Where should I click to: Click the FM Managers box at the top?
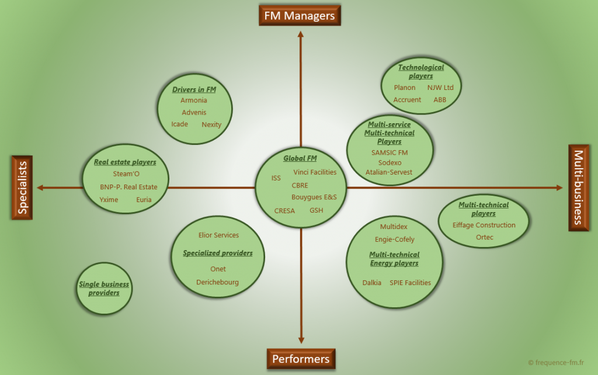point(300,16)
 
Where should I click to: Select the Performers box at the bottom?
point(301,359)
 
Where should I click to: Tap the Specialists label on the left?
point(22,187)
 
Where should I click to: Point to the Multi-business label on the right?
point(579,187)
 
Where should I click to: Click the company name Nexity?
point(211,124)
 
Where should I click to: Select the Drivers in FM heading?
point(194,89)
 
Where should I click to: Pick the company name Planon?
point(405,88)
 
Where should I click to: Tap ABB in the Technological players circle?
point(440,99)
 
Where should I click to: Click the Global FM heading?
point(300,158)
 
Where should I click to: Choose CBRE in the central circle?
point(300,185)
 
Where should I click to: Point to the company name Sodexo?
point(390,162)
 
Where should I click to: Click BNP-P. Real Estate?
point(128,187)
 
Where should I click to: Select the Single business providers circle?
point(104,289)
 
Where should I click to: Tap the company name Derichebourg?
point(217,282)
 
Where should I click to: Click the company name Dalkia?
point(372,283)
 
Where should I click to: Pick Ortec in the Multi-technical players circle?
point(484,237)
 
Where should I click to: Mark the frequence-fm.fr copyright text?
point(556,362)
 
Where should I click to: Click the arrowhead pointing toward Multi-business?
point(559,187)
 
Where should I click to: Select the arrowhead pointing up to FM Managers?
point(301,34)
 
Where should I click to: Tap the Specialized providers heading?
point(218,253)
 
